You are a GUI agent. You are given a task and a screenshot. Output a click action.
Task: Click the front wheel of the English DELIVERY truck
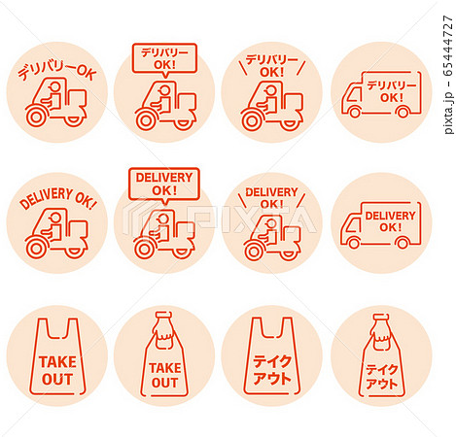[x=354, y=242]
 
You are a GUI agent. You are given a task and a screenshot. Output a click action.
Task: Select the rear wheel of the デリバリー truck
[x=403, y=112]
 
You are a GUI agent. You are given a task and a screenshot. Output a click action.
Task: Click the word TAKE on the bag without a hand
[x=57, y=362]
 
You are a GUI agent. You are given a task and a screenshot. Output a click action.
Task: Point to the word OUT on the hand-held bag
[x=164, y=383]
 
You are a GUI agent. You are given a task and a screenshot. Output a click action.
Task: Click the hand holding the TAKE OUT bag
[x=165, y=332]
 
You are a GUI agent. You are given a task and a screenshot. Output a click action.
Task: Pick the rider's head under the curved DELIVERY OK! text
[x=55, y=218]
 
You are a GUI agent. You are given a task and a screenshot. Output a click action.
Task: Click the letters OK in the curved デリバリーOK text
[x=87, y=73]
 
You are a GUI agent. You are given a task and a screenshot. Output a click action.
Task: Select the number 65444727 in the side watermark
[x=447, y=46]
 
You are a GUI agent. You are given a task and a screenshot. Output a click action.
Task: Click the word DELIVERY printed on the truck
[x=390, y=216]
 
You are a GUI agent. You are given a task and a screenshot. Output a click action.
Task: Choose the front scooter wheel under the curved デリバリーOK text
[x=35, y=118]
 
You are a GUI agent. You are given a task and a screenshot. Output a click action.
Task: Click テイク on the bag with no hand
[x=272, y=361]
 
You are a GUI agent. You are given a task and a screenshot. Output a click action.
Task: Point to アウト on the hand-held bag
[x=381, y=384]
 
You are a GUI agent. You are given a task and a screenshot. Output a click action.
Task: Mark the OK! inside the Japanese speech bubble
[x=164, y=65]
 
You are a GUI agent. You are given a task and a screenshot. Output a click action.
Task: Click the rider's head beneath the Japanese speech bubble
[x=164, y=90]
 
